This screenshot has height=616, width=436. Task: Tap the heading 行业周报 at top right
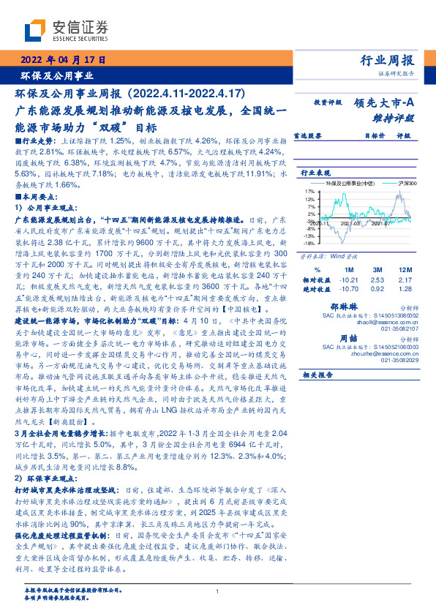tap(387, 60)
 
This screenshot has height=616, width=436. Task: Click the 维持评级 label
tap(394, 117)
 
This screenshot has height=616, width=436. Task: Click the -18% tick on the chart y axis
tap(309, 245)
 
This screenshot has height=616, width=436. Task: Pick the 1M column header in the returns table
tap(349, 269)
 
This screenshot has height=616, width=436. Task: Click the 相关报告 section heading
tap(318, 374)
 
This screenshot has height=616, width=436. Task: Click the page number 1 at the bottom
tap(218, 591)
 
